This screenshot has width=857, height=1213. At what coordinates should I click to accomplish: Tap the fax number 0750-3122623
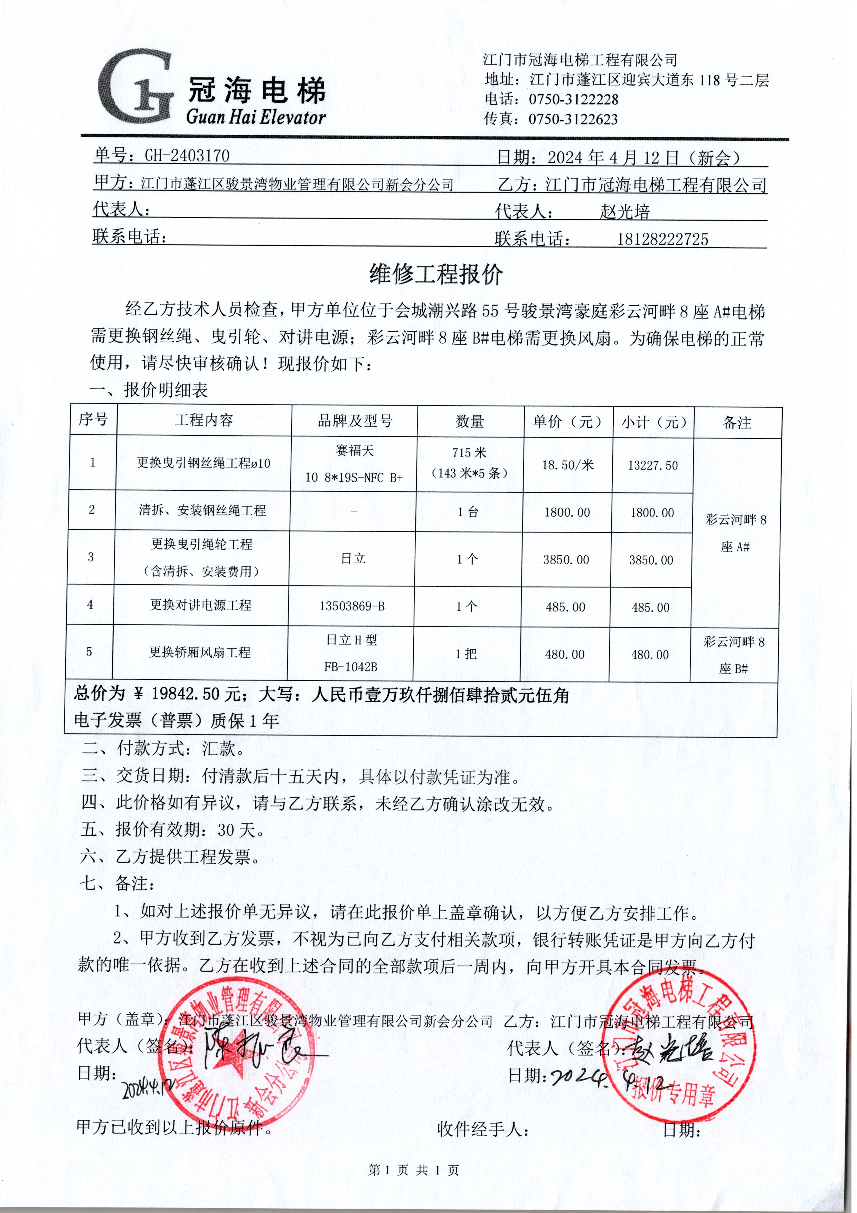coord(573,119)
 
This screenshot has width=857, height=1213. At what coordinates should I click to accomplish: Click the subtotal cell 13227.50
coord(653,465)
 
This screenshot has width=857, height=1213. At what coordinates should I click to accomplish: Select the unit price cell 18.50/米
coord(568,465)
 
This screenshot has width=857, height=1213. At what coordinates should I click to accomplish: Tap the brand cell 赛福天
coord(354,451)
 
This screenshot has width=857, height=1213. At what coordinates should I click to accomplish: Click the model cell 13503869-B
coord(352,606)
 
